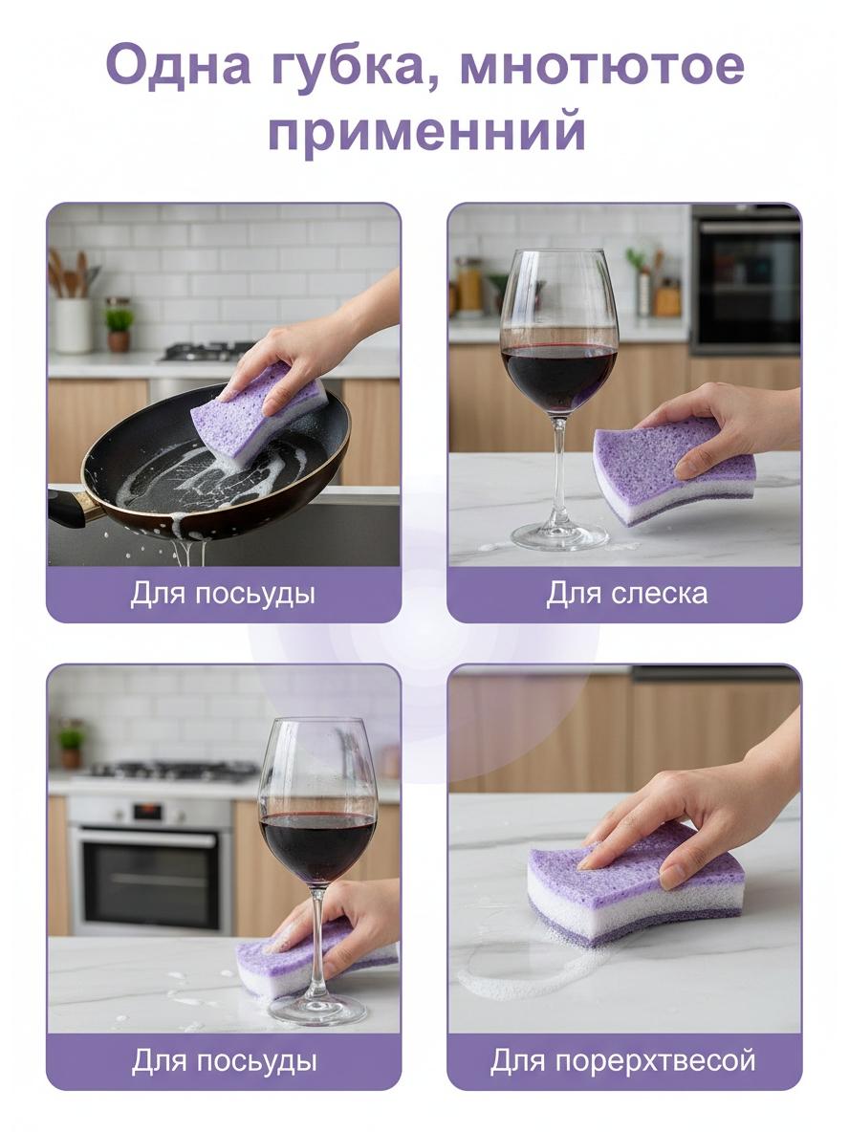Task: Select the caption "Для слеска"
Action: tap(626, 594)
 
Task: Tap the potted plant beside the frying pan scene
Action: tap(120, 329)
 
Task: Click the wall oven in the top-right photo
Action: tap(746, 279)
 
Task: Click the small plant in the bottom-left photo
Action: tap(70, 745)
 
